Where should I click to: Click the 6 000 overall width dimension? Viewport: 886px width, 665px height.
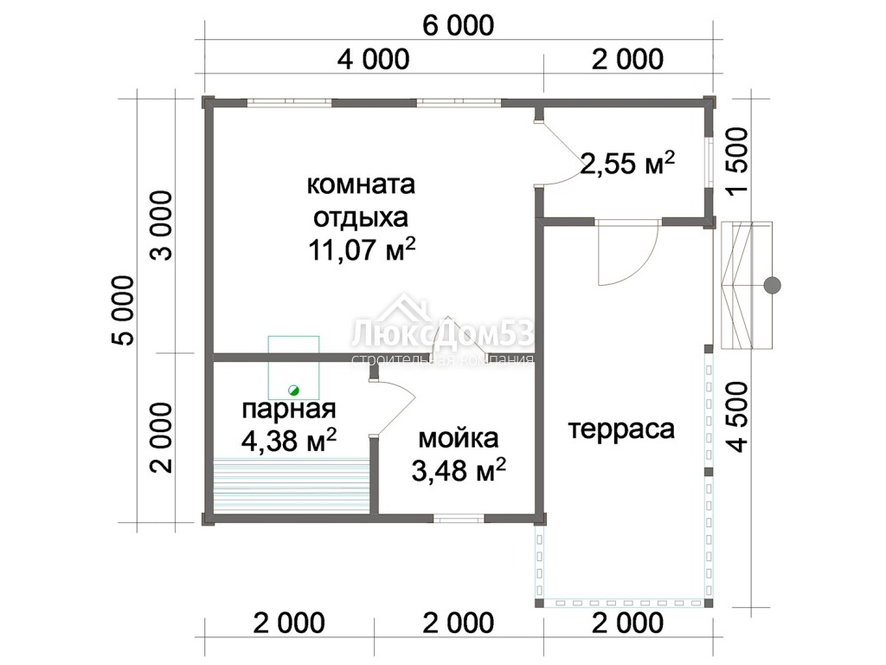point(459,26)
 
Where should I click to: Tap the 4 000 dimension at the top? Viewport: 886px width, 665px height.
point(373,60)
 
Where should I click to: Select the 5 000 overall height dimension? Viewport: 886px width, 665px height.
point(124,311)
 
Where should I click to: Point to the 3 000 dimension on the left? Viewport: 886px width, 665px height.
point(162,226)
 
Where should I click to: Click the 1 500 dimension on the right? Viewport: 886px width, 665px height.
point(738,162)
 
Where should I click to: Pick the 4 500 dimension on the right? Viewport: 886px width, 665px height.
point(738,417)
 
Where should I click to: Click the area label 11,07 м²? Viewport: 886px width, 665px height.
point(363,249)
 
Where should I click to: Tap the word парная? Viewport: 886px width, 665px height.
point(289,410)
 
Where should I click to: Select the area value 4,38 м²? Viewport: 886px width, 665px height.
point(289,440)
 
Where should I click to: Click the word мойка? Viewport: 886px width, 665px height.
point(459,438)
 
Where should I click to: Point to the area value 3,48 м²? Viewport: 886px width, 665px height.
point(459,470)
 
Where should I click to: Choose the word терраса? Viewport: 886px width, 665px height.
point(621,429)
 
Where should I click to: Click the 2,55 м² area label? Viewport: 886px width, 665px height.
point(627,164)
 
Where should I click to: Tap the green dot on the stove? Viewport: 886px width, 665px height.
point(293,391)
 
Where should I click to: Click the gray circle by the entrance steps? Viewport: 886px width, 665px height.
point(772,286)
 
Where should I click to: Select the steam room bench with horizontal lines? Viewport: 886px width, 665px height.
point(292,485)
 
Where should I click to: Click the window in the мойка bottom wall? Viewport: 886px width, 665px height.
point(459,518)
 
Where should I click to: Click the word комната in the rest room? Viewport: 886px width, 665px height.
point(361,185)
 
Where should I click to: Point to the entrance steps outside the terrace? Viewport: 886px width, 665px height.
point(747,286)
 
